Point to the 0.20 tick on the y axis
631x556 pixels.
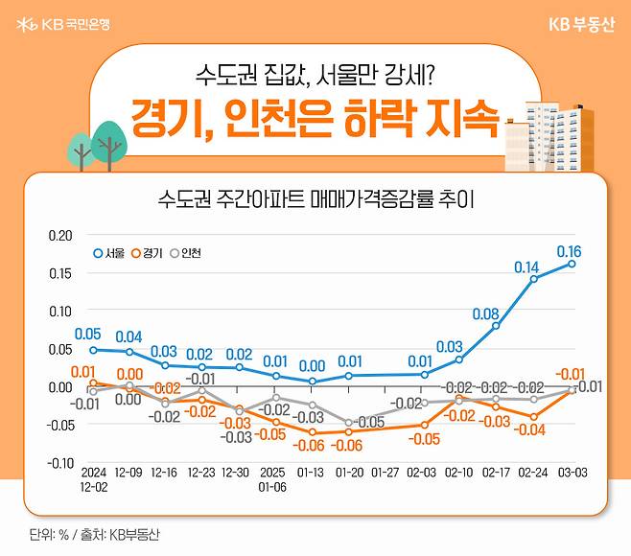tap(59, 235)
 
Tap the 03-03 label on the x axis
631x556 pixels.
tap(573, 474)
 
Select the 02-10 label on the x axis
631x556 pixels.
tap(459, 474)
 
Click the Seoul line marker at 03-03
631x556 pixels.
tap(573, 264)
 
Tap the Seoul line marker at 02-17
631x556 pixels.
tap(497, 326)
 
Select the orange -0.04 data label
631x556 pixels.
tap(529, 430)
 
